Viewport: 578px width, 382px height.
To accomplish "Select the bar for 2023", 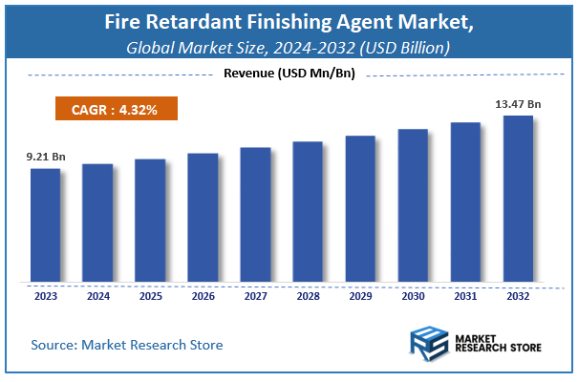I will point(45,225).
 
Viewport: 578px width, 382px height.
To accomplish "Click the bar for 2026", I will point(203,218).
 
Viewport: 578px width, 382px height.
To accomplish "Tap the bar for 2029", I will point(360,209).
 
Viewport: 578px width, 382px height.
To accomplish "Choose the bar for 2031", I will point(465,202).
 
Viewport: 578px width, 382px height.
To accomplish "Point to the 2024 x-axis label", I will point(97,296).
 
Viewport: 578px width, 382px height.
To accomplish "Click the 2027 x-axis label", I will point(255,296).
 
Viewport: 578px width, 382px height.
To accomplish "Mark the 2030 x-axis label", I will point(413,296).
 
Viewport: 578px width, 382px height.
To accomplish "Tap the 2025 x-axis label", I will point(150,296).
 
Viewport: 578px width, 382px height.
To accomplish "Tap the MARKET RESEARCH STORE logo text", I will point(500,343).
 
